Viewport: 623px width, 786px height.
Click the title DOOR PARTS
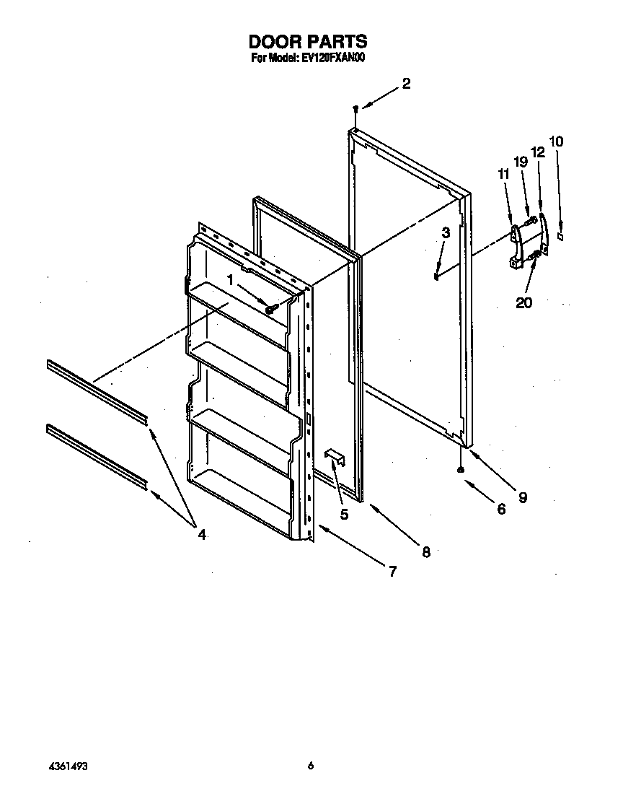pos(308,42)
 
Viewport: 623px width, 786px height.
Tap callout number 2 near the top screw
pos(406,84)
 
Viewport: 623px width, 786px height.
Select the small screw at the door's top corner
pos(355,108)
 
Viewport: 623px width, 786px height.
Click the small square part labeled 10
pos(561,235)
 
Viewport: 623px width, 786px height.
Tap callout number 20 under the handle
pos(523,302)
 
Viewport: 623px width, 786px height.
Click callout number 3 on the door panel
pos(446,232)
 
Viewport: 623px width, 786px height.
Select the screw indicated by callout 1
pos(271,309)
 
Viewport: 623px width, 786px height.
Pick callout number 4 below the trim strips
pos(201,534)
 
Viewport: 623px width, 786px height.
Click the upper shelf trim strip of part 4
pos(97,390)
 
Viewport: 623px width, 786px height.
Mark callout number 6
pos(501,508)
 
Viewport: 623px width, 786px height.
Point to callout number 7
pos(392,572)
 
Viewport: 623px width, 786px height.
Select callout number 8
pos(425,551)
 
